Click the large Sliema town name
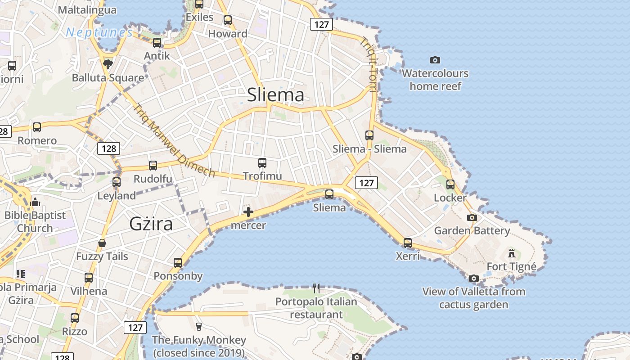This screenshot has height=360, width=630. tap(275, 95)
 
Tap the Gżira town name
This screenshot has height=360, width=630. tap(151, 224)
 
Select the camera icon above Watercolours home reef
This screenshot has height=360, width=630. tap(435, 60)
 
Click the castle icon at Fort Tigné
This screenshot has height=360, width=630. tap(511, 253)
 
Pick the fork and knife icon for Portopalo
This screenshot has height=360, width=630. tap(316, 288)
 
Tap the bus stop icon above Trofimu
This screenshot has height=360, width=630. tap(262, 163)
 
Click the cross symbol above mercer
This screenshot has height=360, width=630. tap(248, 212)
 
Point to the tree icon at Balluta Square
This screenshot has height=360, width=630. tap(108, 64)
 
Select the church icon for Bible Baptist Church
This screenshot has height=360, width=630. tap(35, 202)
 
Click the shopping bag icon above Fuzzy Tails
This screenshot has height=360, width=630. tap(102, 243)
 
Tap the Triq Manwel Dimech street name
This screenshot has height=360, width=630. tap(174, 140)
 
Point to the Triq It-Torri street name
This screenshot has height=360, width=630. tap(368, 64)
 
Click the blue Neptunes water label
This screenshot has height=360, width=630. tap(99, 32)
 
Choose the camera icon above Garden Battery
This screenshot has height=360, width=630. tap(472, 218)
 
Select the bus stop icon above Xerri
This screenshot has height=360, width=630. tap(407, 243)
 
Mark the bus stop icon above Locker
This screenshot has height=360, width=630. tap(450, 184)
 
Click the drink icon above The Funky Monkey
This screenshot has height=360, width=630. tap(198, 326)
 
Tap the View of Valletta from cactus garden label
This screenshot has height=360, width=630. tap(473, 298)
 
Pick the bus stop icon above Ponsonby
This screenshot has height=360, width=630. tap(178, 263)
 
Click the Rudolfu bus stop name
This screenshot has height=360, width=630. tap(153, 179)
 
